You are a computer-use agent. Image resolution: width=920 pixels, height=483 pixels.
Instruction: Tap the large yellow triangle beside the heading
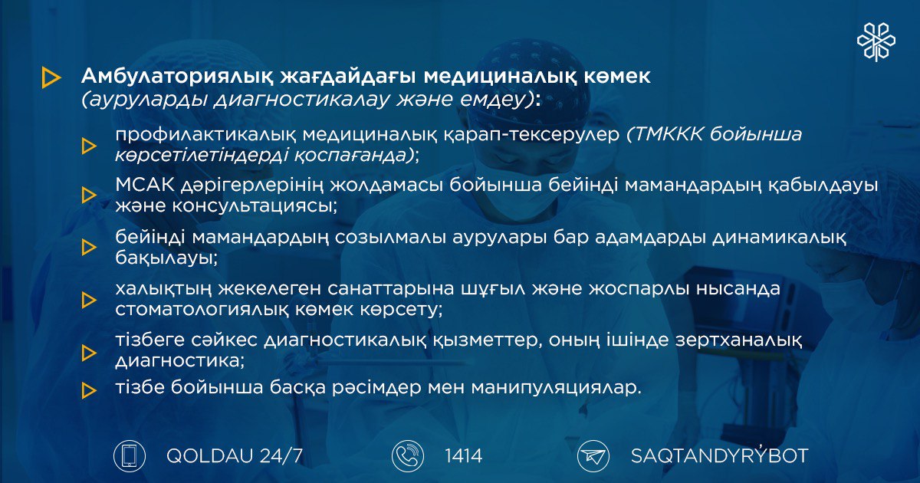point(51,77)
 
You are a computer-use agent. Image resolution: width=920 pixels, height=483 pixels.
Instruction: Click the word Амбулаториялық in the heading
point(177,77)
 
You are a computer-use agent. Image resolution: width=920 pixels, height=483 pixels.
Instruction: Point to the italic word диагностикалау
point(301,100)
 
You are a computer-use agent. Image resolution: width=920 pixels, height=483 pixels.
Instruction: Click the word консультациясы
point(255,205)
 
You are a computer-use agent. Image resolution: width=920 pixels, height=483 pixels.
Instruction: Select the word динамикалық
point(779,238)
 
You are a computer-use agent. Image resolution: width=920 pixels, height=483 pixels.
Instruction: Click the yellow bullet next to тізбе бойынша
point(89,390)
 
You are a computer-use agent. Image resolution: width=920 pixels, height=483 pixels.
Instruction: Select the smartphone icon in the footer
point(130,456)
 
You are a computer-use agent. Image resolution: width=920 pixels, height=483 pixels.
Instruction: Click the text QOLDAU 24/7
point(235,456)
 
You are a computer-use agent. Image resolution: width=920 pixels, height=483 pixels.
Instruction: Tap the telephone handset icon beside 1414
point(408,456)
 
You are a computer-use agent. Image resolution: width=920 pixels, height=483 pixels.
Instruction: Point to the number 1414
point(463,456)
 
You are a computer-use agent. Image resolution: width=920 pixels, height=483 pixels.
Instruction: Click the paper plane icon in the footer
point(593,456)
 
